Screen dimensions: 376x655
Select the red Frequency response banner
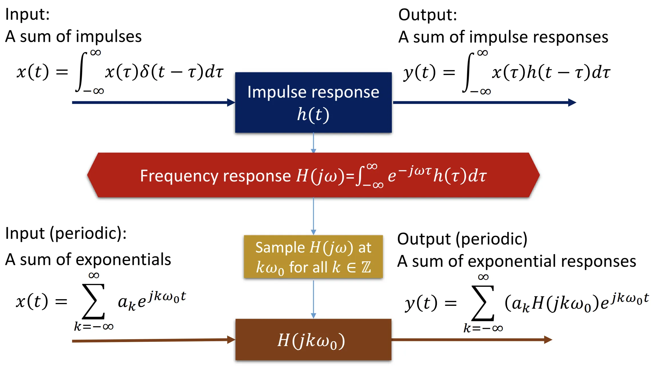point(313,175)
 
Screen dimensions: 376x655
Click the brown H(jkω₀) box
point(313,340)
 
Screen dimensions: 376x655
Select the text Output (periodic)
point(462,239)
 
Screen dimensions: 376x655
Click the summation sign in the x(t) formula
point(93,301)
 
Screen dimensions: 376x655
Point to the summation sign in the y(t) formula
point(483,303)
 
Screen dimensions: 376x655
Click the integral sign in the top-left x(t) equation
point(82,72)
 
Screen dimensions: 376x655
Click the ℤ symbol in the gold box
point(366,267)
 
